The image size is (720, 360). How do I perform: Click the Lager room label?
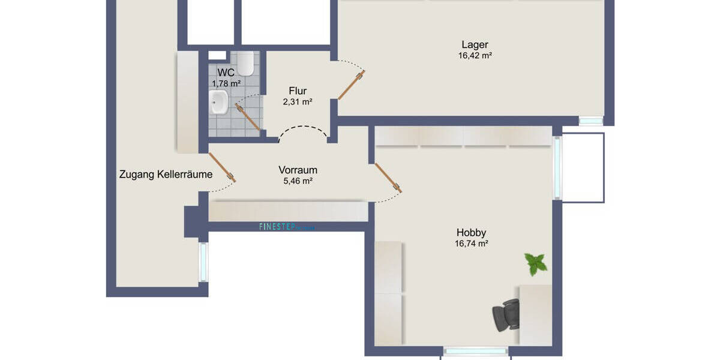click(475, 44)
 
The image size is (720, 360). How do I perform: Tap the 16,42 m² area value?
click(475, 56)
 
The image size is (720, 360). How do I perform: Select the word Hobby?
click(471, 233)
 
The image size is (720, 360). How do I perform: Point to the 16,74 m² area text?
click(471, 244)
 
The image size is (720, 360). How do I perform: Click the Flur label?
click(298, 91)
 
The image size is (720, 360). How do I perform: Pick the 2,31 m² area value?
click(298, 102)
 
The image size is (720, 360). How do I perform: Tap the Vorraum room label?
click(298, 170)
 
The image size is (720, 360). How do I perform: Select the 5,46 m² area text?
click(298, 181)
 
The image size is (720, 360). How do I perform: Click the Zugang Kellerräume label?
click(166, 175)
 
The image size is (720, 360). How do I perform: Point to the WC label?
click(226, 73)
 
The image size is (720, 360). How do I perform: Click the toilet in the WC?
click(245, 62)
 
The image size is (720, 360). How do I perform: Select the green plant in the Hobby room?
click(535, 263)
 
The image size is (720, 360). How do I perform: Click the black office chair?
click(505, 314)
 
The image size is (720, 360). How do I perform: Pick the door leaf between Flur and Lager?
click(352, 85)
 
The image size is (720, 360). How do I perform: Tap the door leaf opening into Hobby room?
click(388, 177)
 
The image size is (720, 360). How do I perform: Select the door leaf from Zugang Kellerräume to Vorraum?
click(223, 167)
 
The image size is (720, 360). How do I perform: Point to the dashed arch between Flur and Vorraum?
click(304, 130)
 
